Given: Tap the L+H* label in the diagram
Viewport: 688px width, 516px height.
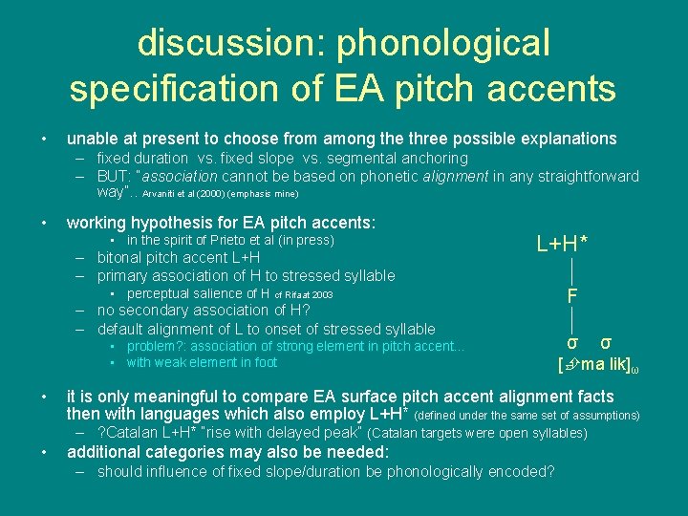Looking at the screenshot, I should click(562, 245).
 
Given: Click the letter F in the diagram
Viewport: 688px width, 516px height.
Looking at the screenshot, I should click(571, 295).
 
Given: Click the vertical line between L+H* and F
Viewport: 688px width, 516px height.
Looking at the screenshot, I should click(571, 269).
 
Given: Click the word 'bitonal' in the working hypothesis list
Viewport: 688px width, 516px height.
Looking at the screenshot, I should click(123, 258).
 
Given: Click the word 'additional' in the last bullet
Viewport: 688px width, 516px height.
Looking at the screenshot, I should click(104, 452).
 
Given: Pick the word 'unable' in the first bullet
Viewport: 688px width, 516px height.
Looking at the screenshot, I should click(92, 139).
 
